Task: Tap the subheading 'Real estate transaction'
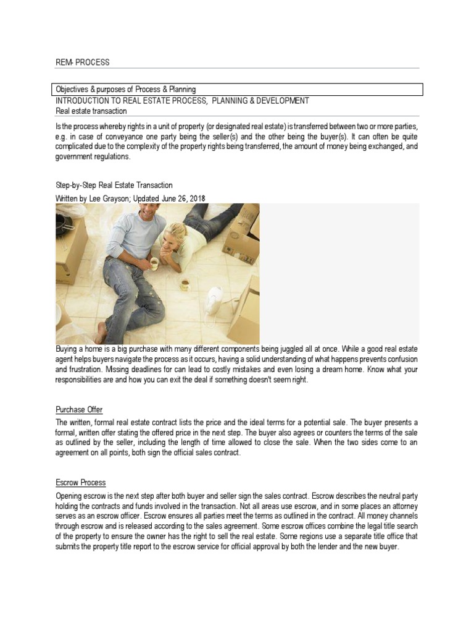(x=91, y=111)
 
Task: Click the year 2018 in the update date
(x=196, y=198)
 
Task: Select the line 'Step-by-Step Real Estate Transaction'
(x=114, y=185)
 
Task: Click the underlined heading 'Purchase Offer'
(x=79, y=410)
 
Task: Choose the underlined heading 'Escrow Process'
(x=81, y=483)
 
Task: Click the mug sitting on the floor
(x=185, y=284)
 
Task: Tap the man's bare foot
(x=102, y=331)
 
